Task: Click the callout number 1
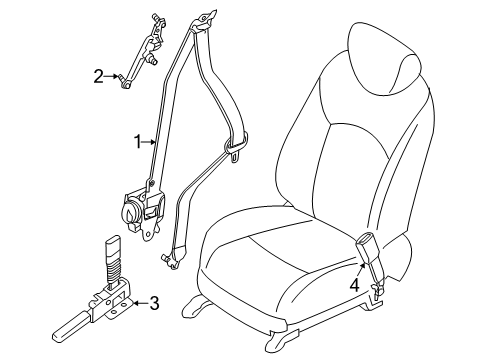[138, 142]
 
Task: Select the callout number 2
[98, 76]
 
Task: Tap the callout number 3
[154, 303]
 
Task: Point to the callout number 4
[355, 285]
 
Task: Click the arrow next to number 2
[111, 76]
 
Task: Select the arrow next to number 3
[141, 303]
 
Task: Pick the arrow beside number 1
[149, 142]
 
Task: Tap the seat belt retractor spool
[131, 211]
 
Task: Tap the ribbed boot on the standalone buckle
[114, 267]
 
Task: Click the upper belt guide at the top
[202, 21]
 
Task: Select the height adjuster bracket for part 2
[142, 50]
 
